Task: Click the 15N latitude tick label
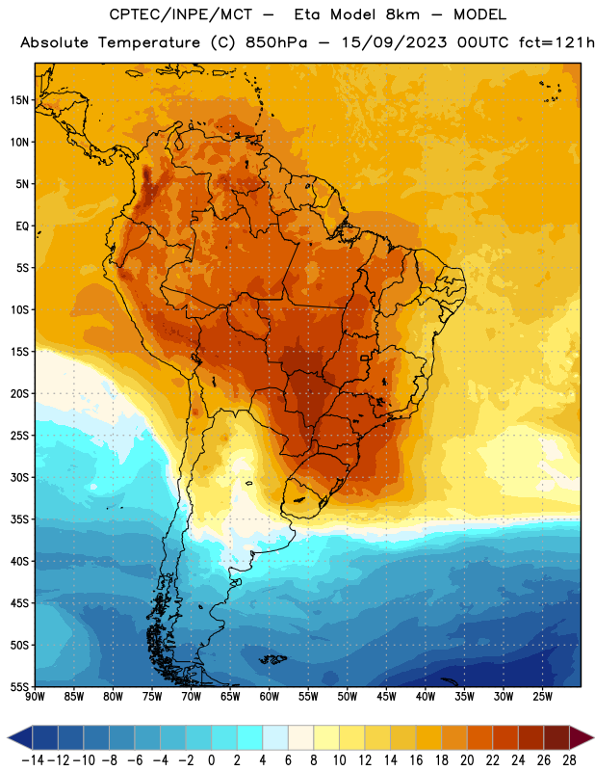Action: pos(19,100)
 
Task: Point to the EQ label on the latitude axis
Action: pos(22,226)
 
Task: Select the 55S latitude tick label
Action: pos(19,686)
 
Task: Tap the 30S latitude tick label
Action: pos(19,477)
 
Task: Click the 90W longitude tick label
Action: pos(35,697)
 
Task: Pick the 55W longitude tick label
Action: pos(308,697)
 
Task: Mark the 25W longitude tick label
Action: pos(542,697)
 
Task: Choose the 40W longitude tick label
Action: pos(426,697)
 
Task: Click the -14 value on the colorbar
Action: pos(33,760)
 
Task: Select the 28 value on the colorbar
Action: pos(569,760)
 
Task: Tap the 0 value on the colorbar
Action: pos(212,760)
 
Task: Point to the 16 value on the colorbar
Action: pos(416,760)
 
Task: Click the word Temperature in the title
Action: pos(149,42)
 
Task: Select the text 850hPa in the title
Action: pos(276,42)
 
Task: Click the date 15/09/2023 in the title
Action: pos(394,42)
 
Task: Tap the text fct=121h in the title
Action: pos(556,42)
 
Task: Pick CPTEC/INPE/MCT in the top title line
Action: pos(181,14)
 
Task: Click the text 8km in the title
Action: pos(402,14)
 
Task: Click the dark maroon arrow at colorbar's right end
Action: pos(582,737)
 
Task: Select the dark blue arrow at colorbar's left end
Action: pos(20,737)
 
